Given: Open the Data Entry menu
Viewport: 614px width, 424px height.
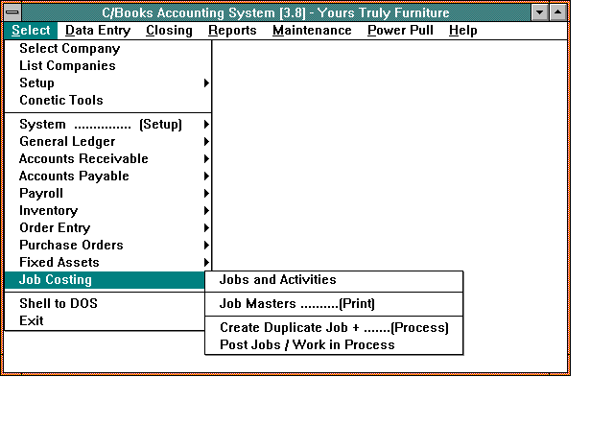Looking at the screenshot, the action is click(98, 31).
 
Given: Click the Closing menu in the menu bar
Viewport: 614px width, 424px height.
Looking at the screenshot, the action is click(169, 31).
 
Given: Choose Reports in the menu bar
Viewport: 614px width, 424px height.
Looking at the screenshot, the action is click(232, 31).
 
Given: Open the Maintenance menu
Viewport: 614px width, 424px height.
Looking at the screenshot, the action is click(312, 31).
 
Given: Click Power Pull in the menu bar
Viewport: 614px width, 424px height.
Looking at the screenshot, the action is click(400, 31).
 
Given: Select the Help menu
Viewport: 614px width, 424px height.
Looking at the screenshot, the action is click(462, 31).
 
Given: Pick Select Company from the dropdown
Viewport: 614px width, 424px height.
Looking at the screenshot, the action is click(70, 49).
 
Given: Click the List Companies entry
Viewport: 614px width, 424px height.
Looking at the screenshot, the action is click(67, 66).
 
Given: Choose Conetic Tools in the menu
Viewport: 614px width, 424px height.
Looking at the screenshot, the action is click(61, 100).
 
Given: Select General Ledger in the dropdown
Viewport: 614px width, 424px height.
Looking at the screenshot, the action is click(67, 142).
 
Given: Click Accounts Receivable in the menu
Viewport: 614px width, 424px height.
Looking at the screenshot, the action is click(83, 159).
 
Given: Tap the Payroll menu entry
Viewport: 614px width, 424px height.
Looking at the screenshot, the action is click(41, 194).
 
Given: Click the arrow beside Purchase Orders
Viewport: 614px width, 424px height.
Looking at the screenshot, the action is click(206, 245).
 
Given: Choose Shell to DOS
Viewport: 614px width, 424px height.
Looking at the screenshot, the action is click(59, 303).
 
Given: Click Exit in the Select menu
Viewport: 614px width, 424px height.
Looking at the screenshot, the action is click(32, 320).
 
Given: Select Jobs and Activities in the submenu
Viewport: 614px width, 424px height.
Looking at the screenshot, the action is click(277, 279).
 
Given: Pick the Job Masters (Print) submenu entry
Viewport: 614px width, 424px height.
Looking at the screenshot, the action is click(297, 304).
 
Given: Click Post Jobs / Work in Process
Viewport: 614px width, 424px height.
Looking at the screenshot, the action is click(307, 345).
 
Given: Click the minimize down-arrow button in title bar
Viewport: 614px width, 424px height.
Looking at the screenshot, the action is click(539, 12).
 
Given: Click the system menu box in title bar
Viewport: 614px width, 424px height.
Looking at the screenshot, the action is click(12, 12).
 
